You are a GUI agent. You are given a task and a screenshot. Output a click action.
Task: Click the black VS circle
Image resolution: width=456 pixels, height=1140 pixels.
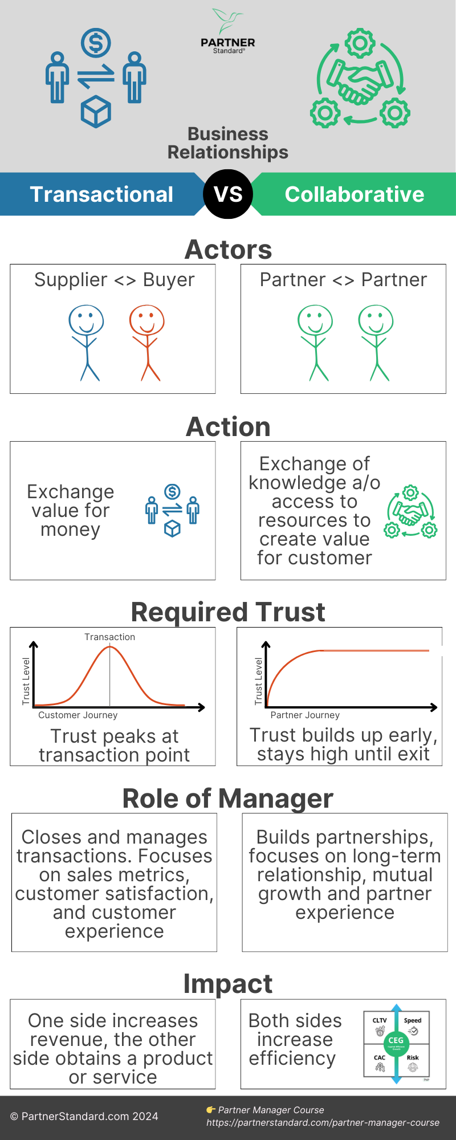pos(228,194)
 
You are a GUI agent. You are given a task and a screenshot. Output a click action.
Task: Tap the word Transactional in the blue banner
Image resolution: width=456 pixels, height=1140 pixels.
pos(101,194)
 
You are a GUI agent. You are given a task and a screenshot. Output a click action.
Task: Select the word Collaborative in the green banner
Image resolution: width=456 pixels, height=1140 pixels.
pos(354,194)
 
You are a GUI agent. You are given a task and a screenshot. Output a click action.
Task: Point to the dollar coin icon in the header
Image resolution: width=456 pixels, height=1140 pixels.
pos(96,43)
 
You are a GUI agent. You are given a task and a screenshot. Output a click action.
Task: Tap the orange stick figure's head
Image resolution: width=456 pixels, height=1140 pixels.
pos(146,320)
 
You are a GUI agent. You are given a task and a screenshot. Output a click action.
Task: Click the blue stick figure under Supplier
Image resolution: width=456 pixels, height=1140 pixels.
pos(87,342)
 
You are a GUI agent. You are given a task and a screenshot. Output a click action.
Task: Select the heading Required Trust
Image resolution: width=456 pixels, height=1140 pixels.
pos(227,612)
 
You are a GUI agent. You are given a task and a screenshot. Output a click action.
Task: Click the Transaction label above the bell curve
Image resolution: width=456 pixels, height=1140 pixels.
pos(109,637)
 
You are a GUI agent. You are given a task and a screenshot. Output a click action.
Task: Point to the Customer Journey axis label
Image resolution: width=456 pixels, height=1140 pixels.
pos(78,715)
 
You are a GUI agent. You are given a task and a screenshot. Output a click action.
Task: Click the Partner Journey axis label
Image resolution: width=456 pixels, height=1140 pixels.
pos(305,715)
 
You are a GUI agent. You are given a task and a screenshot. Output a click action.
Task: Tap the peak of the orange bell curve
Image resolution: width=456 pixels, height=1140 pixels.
pos(109,648)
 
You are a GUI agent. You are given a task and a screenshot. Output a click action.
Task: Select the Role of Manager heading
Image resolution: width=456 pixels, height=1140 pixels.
pos(227,798)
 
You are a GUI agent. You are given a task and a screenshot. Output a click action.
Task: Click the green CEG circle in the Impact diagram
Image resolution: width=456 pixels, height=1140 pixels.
pos(396,1041)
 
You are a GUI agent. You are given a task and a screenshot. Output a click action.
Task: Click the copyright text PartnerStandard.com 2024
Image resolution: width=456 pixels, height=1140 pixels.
pos(84,1116)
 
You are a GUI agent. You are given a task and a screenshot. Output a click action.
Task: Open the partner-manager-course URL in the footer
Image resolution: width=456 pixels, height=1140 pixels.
pos(323,1122)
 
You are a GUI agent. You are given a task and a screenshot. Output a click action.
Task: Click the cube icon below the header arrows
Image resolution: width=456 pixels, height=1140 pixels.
pos(96,112)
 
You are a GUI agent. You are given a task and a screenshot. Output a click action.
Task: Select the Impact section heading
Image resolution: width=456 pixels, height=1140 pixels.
pos(227,984)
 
